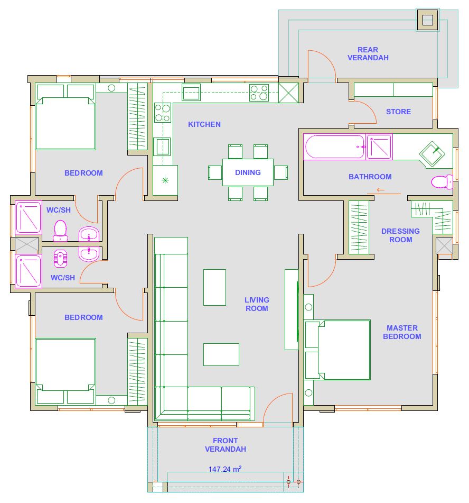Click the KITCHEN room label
click(x=204, y=124)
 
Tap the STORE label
click(x=398, y=112)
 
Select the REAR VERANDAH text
click(x=368, y=54)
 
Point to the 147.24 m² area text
click(x=225, y=469)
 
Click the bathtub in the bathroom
click(x=334, y=147)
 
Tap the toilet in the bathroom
click(x=442, y=182)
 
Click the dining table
click(x=248, y=172)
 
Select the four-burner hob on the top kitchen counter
click(x=259, y=93)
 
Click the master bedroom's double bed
click(x=337, y=350)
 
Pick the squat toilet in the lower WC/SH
click(x=60, y=259)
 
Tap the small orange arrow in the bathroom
click(x=380, y=190)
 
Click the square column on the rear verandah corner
click(x=427, y=20)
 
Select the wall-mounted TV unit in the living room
click(x=292, y=309)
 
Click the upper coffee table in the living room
click(x=214, y=287)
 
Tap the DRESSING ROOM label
click(x=400, y=235)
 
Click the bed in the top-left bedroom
click(x=65, y=117)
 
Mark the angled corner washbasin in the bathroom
click(x=433, y=154)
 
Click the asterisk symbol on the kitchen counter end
click(x=165, y=180)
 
